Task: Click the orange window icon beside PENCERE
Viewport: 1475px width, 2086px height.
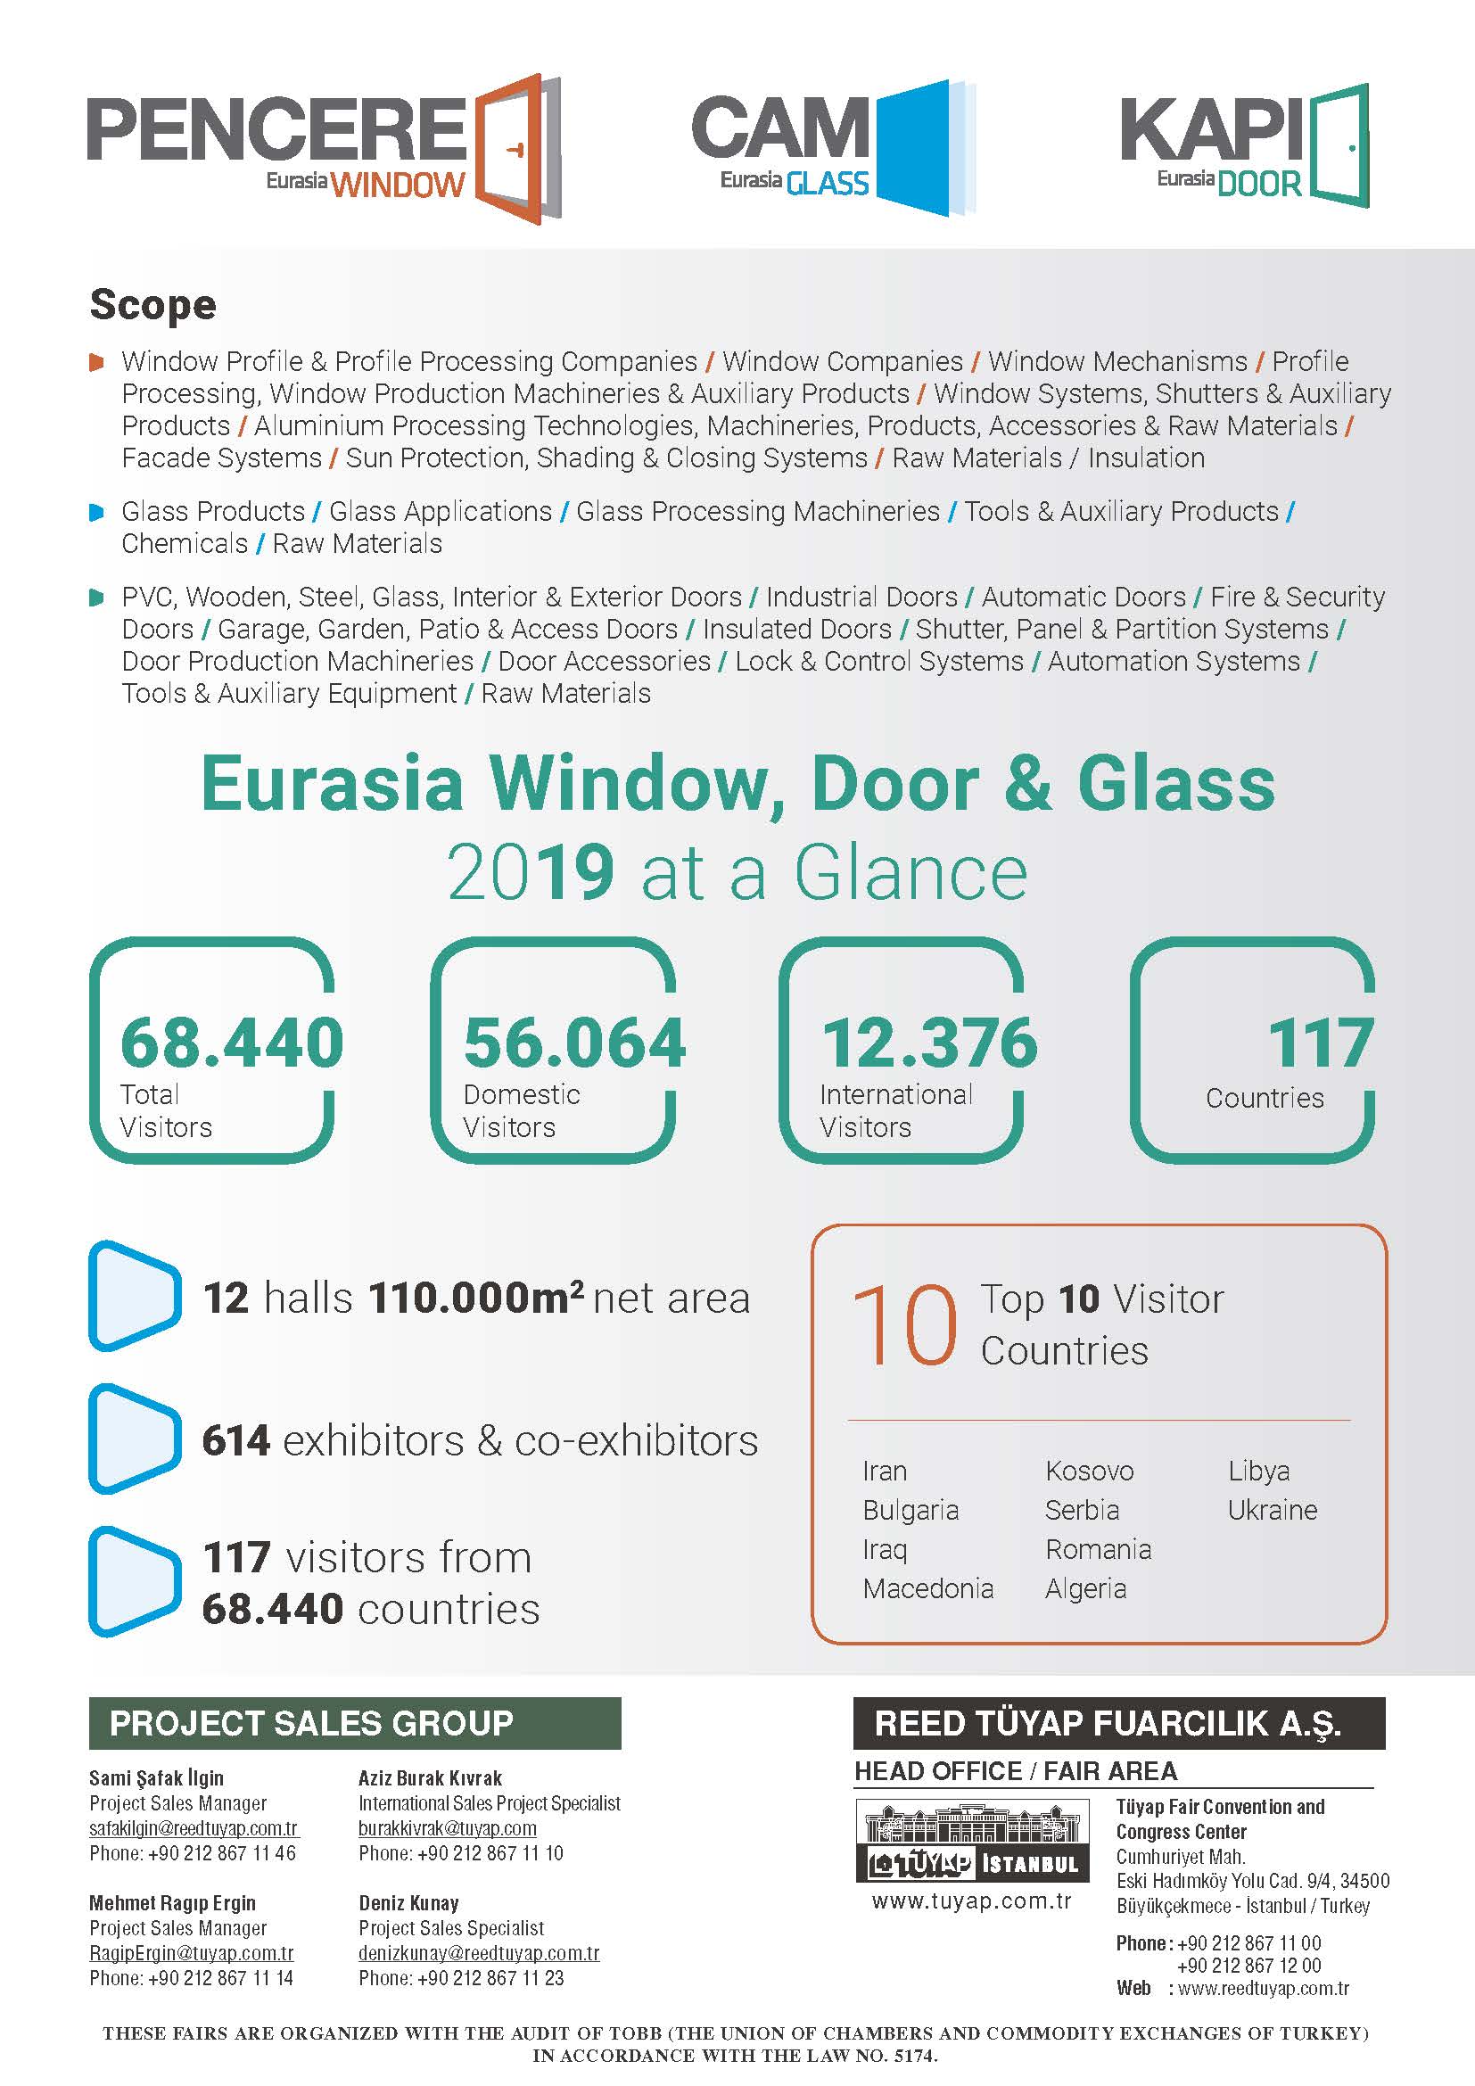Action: (x=515, y=149)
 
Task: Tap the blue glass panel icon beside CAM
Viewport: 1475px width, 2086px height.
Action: (x=922, y=147)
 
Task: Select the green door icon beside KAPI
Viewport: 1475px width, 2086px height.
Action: (x=1338, y=145)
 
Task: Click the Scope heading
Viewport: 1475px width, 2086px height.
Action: (x=152, y=305)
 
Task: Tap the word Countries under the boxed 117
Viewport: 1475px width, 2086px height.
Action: (x=1265, y=1099)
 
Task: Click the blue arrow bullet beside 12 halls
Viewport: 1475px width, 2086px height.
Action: (x=134, y=1296)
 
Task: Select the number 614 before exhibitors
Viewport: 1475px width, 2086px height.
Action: (x=236, y=1440)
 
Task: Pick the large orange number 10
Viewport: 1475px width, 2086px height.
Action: (x=903, y=1325)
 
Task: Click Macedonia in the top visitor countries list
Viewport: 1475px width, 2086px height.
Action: (x=927, y=1588)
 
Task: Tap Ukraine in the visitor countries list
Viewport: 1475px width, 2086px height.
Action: (x=1272, y=1510)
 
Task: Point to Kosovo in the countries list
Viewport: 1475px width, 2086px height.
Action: (x=1089, y=1471)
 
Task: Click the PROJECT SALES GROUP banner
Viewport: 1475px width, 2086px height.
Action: (x=354, y=1723)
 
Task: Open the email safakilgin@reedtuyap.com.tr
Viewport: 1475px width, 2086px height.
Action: (x=194, y=1828)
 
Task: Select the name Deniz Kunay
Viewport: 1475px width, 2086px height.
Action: (x=408, y=1902)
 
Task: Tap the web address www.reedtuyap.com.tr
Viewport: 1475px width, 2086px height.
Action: (x=1263, y=1988)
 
